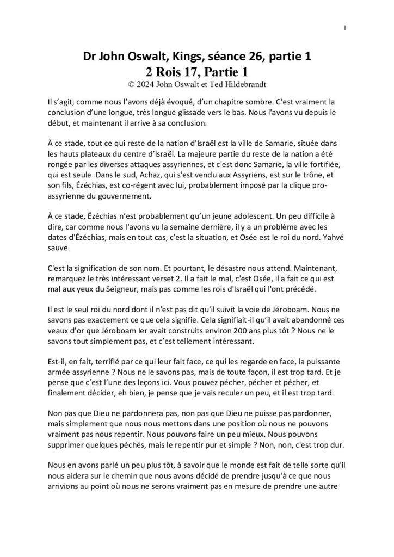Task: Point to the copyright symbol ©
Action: (x=130, y=84)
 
